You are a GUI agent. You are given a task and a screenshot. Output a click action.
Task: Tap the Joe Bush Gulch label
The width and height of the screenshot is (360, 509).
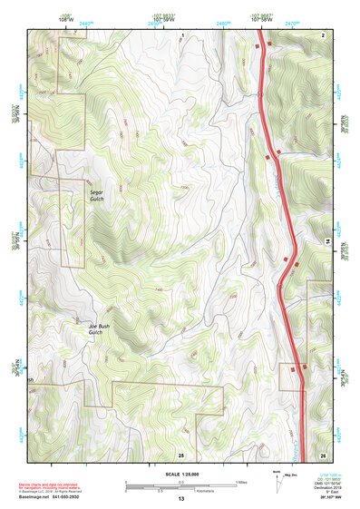[98, 328]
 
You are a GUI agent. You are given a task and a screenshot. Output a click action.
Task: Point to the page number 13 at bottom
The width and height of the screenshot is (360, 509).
[180, 499]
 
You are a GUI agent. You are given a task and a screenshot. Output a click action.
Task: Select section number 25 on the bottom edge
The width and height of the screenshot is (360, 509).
[180, 454]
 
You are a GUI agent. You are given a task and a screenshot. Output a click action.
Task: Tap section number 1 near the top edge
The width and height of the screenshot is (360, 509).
[182, 34]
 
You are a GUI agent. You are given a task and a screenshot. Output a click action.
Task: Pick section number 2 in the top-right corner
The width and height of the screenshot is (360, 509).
[322, 34]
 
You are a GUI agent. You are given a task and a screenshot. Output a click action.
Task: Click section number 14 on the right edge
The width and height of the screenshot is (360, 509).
[327, 240]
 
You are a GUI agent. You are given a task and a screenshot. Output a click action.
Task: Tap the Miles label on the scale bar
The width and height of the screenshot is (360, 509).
[241, 481]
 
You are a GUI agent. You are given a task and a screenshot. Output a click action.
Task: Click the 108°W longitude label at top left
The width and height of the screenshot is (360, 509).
[65, 18]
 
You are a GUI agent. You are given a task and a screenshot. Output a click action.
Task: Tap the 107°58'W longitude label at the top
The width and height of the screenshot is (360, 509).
[260, 18]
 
